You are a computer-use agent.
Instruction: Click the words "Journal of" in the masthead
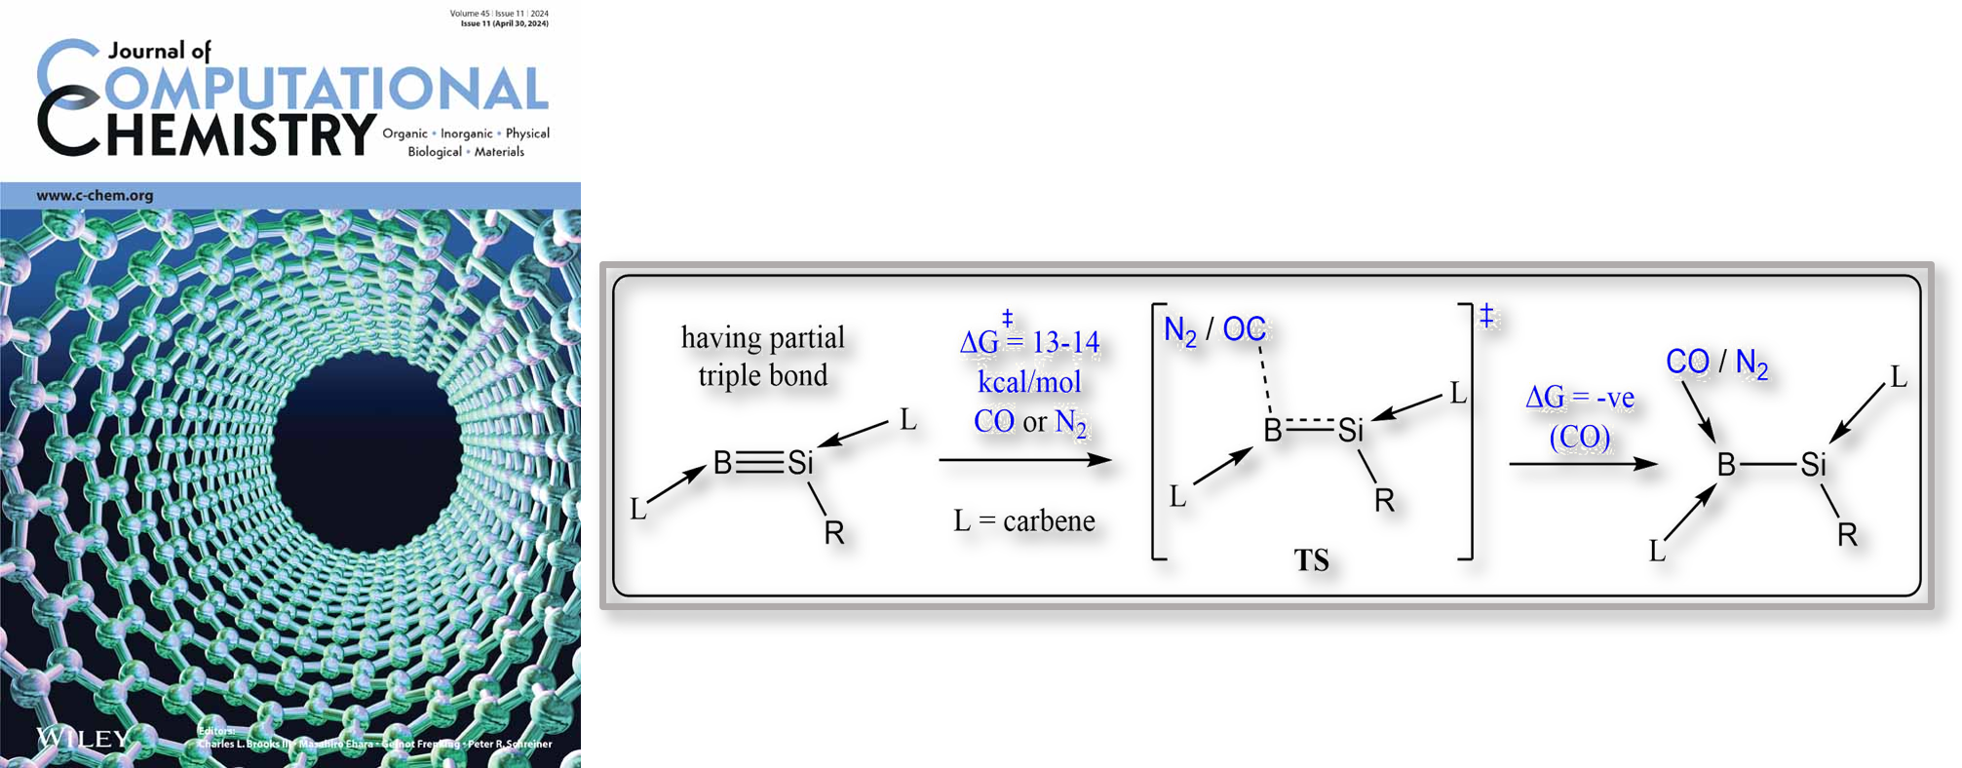tap(159, 51)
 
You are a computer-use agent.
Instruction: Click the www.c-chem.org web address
tap(95, 195)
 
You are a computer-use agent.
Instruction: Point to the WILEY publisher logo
tap(82, 738)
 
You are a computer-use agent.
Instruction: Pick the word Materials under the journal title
tap(499, 152)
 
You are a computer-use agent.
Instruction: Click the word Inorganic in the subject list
tap(466, 134)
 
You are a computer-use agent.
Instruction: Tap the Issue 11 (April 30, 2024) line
tap(504, 23)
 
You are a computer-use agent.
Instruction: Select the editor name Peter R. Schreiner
tap(510, 744)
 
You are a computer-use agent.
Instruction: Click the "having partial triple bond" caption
tap(762, 357)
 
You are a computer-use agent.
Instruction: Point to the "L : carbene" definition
tap(1024, 521)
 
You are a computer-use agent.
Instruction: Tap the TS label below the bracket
tap(1311, 560)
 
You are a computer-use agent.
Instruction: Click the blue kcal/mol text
tap(1029, 381)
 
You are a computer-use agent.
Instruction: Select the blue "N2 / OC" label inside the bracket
tap(1214, 329)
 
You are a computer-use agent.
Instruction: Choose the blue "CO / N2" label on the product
tap(1715, 363)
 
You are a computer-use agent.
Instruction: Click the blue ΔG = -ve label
tap(1579, 398)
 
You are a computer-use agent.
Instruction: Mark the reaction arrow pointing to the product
tap(1583, 463)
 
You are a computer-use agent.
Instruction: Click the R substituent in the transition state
tap(1384, 501)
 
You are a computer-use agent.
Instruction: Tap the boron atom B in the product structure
tap(1726, 465)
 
